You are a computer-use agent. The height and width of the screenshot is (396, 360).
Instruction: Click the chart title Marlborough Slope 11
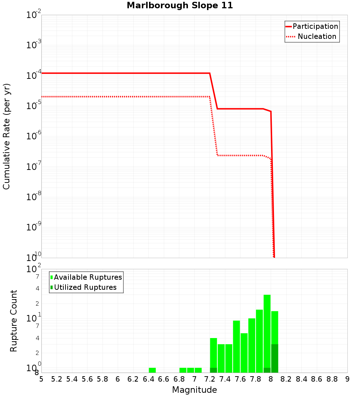[x=180, y=6]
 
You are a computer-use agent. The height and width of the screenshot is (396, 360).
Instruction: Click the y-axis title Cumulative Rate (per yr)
[x=6, y=136]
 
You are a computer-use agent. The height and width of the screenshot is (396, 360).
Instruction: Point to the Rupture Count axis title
[x=14, y=321]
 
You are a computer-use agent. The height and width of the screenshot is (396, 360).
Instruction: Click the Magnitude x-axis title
[x=194, y=390]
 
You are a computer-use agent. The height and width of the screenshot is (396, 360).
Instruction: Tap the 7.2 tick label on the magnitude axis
[x=210, y=379]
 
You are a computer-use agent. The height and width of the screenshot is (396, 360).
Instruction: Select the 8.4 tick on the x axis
[x=301, y=379]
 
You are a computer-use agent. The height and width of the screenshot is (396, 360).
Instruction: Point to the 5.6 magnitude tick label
[x=87, y=379]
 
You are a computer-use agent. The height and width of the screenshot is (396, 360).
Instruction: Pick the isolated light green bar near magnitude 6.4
[x=152, y=370]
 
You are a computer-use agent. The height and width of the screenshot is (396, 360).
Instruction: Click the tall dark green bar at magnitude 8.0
[x=275, y=358]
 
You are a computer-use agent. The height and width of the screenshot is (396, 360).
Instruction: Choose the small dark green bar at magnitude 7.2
[x=213, y=370]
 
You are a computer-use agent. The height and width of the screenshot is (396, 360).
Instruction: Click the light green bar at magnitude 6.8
[x=183, y=370]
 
